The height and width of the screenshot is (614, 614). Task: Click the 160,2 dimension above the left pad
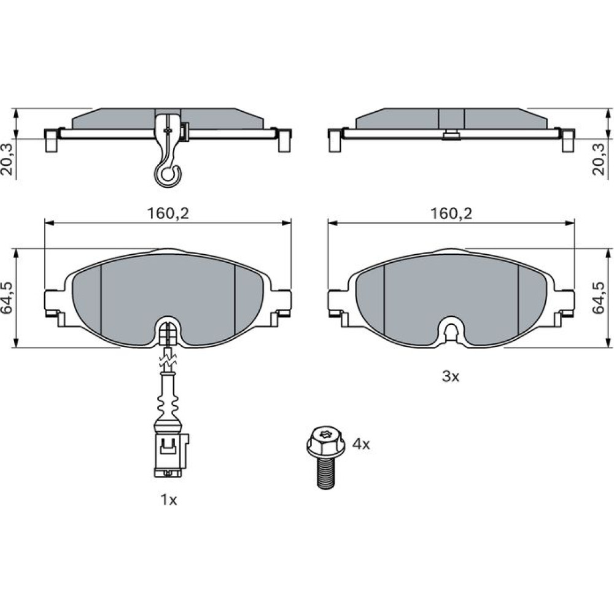tap(168, 214)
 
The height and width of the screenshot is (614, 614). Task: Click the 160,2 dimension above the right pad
tap(451, 214)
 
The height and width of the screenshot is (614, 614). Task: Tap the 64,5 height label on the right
tap(599, 297)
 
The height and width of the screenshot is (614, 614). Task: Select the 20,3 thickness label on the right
tap(599, 158)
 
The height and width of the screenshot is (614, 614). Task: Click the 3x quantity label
tap(450, 377)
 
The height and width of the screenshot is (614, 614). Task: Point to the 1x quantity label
tap(169, 500)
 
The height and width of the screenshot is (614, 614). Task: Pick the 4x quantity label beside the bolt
tap(361, 444)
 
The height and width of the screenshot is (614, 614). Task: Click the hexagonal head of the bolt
tap(326, 441)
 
